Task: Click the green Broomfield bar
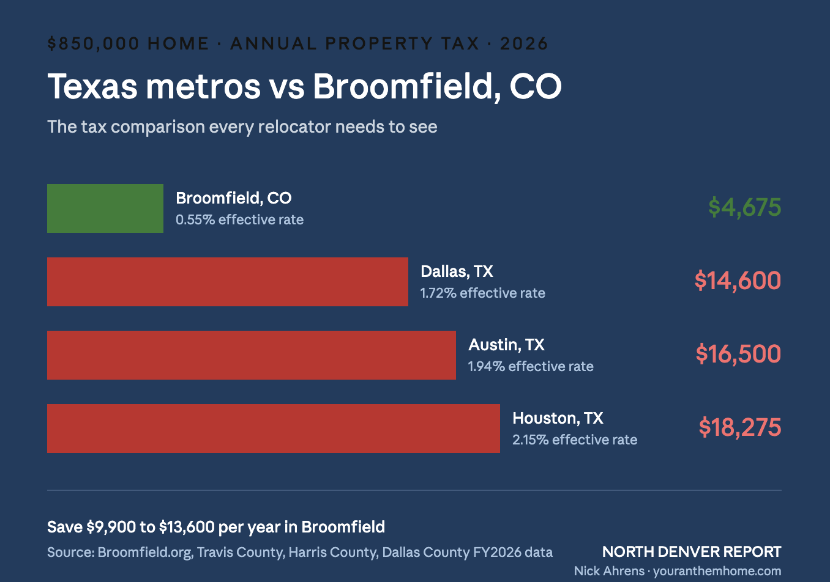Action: (105, 208)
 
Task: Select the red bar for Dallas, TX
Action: (228, 282)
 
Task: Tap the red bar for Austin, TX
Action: (252, 355)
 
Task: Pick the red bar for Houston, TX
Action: (274, 429)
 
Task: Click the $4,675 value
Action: (744, 207)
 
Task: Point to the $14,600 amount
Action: (738, 281)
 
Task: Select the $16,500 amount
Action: (738, 354)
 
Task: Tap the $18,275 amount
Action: (739, 427)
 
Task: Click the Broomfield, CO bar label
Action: (233, 198)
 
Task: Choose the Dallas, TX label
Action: (457, 271)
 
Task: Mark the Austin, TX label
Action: (506, 345)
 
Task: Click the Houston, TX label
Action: (558, 418)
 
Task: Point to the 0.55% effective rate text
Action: (239, 219)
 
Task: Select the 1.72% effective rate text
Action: (482, 293)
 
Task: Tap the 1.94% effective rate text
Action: (531, 366)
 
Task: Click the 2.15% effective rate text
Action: (575, 440)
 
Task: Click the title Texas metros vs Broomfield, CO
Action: (304, 86)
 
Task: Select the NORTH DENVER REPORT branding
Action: (692, 551)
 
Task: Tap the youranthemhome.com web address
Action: (717, 571)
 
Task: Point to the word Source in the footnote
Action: (69, 552)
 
